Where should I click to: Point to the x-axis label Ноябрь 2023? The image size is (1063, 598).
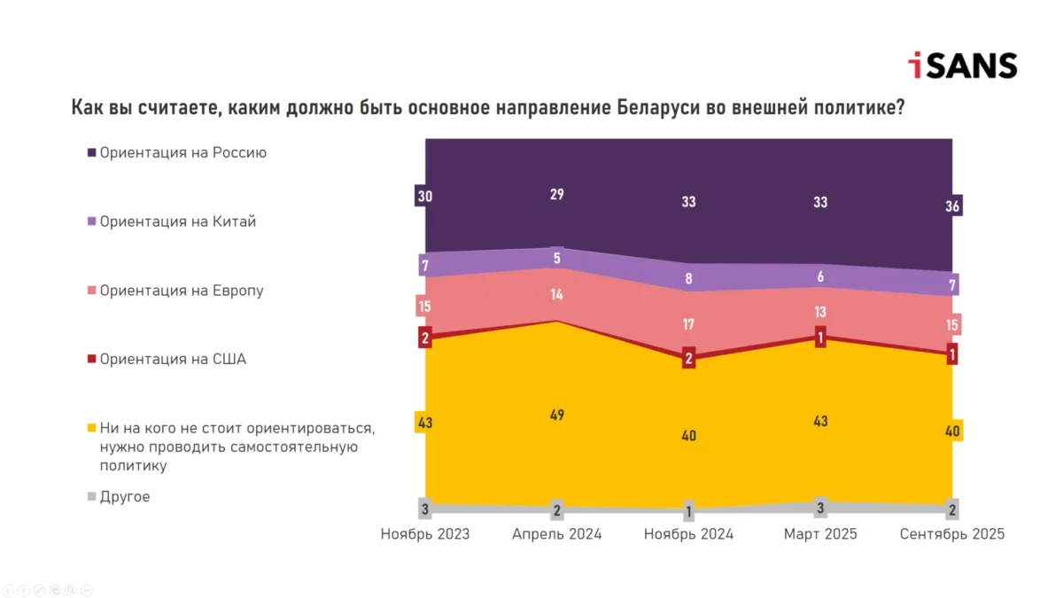[x=424, y=534]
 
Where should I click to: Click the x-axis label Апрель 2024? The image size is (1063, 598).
[x=557, y=534]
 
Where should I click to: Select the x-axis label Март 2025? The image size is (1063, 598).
[x=820, y=534]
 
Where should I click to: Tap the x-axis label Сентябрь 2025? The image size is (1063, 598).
[x=951, y=534]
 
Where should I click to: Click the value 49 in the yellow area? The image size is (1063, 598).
[x=557, y=415]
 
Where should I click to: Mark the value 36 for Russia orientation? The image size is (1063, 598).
[x=953, y=206]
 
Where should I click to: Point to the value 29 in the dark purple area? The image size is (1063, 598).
[x=557, y=194]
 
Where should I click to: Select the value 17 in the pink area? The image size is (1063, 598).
[x=689, y=324]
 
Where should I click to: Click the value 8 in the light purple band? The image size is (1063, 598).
[x=689, y=278]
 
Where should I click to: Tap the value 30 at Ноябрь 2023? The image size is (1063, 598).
[x=424, y=196]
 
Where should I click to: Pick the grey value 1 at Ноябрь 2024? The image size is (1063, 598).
[x=689, y=511]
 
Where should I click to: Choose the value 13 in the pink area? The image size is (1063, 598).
[x=820, y=311]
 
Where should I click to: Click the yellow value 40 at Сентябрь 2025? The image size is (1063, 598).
[x=953, y=431]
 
